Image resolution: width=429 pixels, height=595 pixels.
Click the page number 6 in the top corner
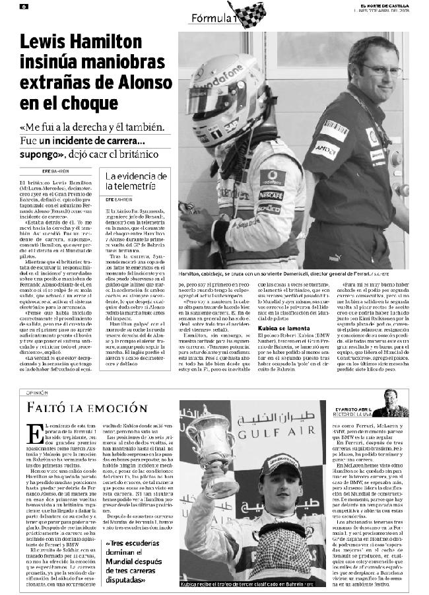click(x=23, y=6)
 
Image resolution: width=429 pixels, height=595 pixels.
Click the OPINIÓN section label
click(x=37, y=393)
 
